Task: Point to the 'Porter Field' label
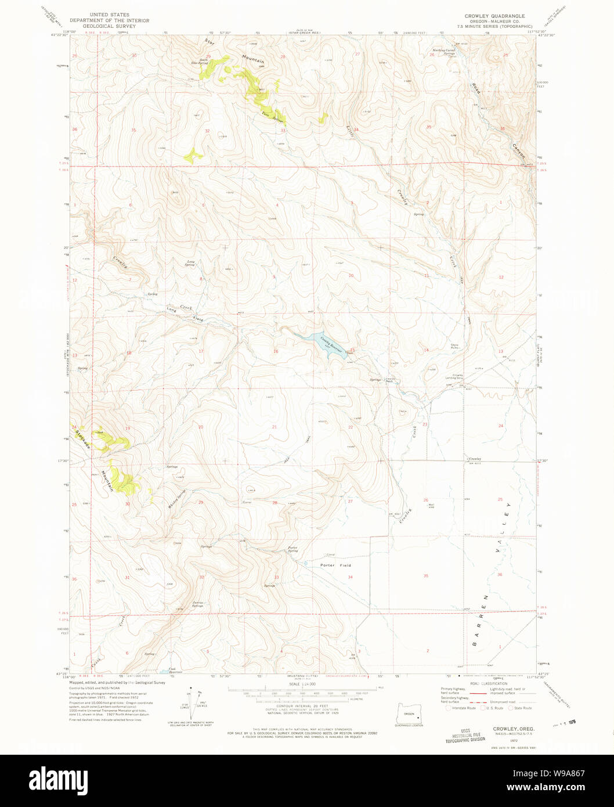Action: click(x=335, y=565)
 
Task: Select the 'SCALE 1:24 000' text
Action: click(x=302, y=684)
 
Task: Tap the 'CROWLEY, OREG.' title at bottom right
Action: click(x=514, y=728)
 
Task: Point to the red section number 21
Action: click(x=275, y=427)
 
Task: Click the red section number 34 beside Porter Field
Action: click(x=350, y=577)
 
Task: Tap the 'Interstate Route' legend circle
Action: click(x=447, y=708)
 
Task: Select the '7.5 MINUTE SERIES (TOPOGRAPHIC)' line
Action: click(x=494, y=26)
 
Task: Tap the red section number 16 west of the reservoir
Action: click(x=276, y=351)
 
